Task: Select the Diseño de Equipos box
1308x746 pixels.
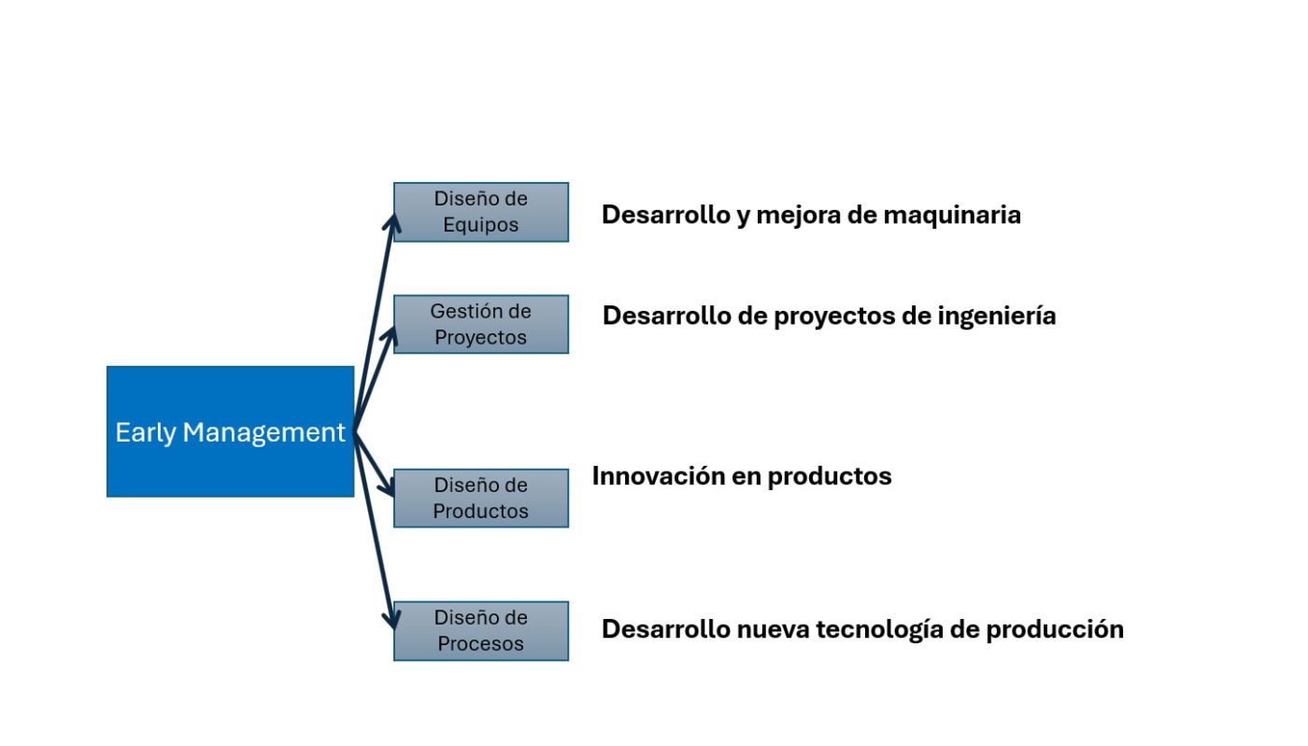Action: coord(480,212)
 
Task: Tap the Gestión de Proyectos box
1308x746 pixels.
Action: coord(480,324)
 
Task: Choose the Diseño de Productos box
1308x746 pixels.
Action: coord(480,498)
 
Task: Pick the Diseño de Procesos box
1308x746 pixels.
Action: coord(480,630)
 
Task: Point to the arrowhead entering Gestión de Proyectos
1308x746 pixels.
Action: coord(391,333)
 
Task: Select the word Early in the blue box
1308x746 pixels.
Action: coord(145,432)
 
